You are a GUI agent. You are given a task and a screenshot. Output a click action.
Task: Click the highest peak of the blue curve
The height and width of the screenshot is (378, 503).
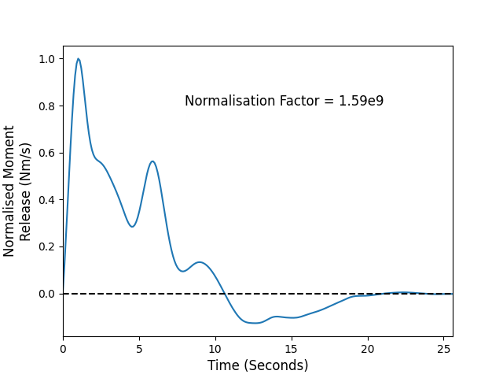pyautogui.click(x=79, y=59)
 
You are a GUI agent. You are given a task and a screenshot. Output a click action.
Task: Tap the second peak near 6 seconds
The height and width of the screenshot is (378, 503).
pyautogui.click(x=152, y=161)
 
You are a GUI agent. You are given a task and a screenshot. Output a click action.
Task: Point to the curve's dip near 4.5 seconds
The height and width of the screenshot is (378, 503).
pyautogui.click(x=132, y=227)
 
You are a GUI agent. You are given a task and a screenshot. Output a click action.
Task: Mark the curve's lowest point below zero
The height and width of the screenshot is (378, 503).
pyautogui.click(x=255, y=323)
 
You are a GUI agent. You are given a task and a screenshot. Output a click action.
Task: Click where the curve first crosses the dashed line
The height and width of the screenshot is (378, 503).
pyautogui.click(x=225, y=294)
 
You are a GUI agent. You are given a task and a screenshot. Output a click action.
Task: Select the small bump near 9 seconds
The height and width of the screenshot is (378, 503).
pyautogui.click(x=200, y=262)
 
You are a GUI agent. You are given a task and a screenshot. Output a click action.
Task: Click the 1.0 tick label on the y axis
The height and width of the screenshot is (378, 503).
pyautogui.click(x=47, y=59)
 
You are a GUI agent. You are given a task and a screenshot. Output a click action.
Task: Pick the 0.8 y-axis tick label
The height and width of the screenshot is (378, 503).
pyautogui.click(x=47, y=106)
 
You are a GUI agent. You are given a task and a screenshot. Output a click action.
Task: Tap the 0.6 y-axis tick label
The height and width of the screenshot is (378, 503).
pyautogui.click(x=47, y=153)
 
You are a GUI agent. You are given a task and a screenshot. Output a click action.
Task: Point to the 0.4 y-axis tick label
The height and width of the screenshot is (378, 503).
pyautogui.click(x=47, y=200)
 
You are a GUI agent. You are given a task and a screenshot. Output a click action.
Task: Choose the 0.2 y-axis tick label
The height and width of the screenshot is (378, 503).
pyautogui.click(x=47, y=246)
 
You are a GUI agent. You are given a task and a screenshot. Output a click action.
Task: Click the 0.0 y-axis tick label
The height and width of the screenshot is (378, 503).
pyautogui.click(x=47, y=294)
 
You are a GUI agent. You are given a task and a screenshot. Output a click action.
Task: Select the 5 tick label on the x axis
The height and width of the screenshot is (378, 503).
pyautogui.click(x=139, y=349)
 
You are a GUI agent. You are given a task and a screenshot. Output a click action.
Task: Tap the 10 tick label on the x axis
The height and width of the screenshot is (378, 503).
pyautogui.click(x=215, y=349)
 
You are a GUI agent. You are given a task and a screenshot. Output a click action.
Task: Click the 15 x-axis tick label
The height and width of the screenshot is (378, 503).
pyautogui.click(x=292, y=349)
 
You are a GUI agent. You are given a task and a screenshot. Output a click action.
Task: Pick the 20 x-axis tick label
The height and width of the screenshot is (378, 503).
pyautogui.click(x=368, y=349)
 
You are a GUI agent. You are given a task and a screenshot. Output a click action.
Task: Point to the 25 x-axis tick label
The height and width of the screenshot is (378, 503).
pyautogui.click(x=443, y=349)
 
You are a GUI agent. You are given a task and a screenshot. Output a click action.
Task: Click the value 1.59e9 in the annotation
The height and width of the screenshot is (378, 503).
pyautogui.click(x=362, y=101)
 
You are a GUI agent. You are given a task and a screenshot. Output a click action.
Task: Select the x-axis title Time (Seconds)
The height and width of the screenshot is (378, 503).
pyautogui.click(x=258, y=365)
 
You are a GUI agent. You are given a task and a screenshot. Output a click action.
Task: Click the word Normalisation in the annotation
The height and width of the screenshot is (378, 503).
pyautogui.click(x=229, y=101)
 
